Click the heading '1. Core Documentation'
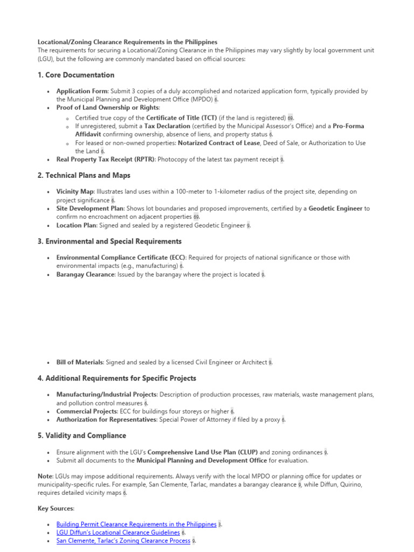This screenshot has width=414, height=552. (x=76, y=75)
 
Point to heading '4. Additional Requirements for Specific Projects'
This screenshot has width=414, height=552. (x=117, y=378)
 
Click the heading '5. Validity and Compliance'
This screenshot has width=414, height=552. (x=82, y=435)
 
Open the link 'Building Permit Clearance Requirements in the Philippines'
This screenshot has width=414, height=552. (x=136, y=524)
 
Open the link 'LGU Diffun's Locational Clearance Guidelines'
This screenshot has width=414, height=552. (x=118, y=532)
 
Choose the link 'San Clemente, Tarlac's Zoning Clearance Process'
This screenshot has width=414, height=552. (x=123, y=541)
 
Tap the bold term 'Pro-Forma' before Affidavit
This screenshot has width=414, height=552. (x=348, y=126)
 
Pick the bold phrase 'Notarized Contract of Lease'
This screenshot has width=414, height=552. (x=224, y=143)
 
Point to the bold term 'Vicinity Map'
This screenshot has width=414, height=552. (x=75, y=192)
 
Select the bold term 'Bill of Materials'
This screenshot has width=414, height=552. (x=79, y=362)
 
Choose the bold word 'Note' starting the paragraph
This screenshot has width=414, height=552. (x=45, y=476)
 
